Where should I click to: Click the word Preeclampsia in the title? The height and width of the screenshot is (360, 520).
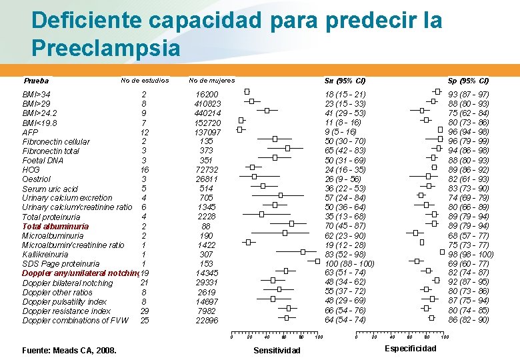(105, 49)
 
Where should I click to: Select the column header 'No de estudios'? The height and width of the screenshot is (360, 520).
(145, 81)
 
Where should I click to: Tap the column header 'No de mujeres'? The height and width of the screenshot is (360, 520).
(212, 81)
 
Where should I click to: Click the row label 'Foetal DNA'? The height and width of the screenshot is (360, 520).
(43, 161)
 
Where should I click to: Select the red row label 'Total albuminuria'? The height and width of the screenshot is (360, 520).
(55, 226)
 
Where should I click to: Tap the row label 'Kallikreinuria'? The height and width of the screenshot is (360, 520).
(45, 254)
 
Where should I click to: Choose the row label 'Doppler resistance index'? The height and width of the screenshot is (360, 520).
(67, 311)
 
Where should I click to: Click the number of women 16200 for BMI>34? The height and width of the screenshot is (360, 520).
(207, 95)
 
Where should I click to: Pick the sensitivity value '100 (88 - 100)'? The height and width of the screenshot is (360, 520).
(349, 263)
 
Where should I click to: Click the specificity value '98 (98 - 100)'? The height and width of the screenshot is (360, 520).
(471, 254)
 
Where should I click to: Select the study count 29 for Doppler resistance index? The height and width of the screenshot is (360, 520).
(145, 311)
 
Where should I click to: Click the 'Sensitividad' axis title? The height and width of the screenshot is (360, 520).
(277, 351)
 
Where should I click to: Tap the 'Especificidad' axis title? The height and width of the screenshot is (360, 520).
(411, 349)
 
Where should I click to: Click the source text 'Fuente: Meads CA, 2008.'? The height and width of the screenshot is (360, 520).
(69, 351)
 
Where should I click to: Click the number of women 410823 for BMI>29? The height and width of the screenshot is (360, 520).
(207, 104)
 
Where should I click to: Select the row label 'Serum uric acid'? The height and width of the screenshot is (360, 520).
(50, 189)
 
